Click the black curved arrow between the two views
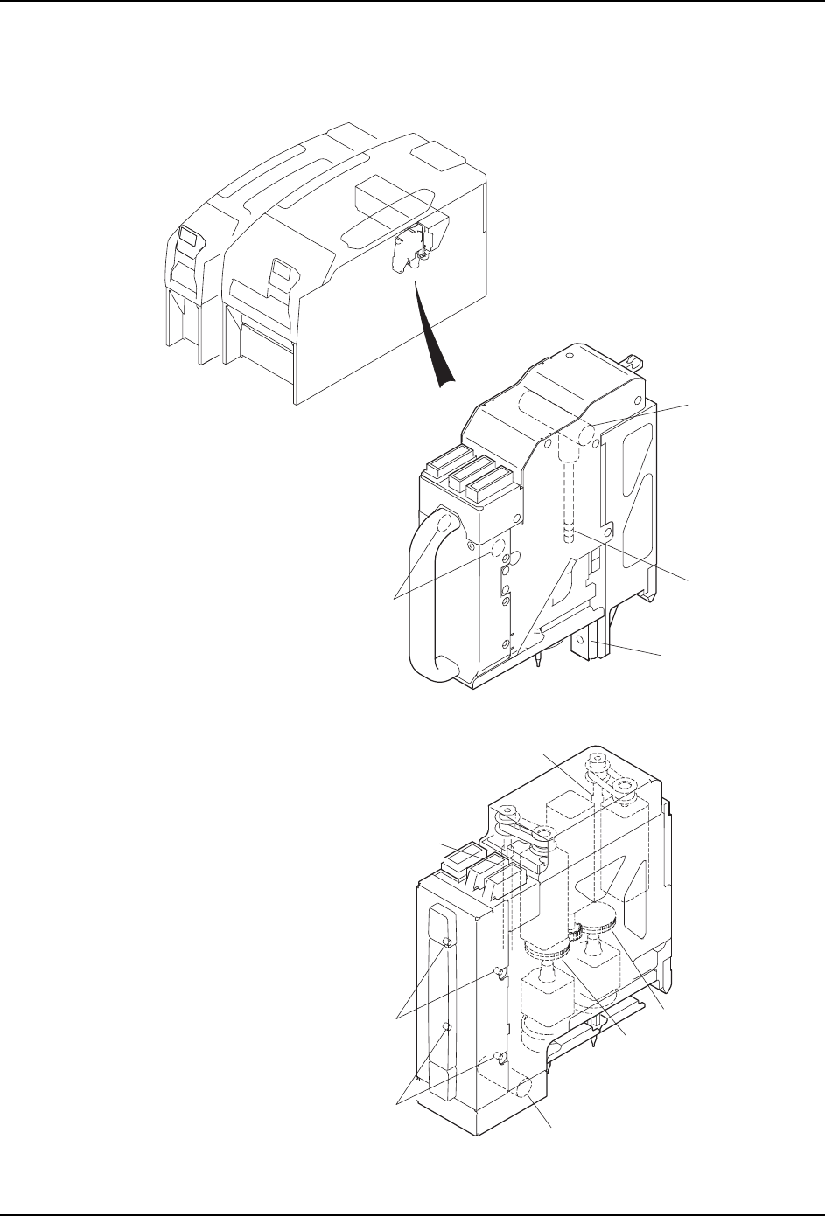[431, 332]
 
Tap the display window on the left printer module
[187, 237]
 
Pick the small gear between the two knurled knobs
[575, 934]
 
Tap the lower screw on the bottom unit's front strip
[446, 1026]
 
